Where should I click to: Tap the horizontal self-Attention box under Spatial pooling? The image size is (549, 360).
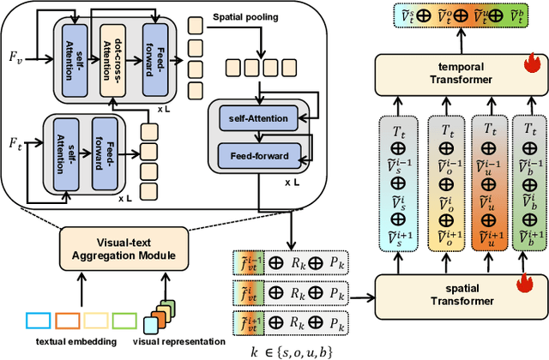coord(260,118)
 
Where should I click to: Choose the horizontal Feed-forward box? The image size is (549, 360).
coord(260,155)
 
